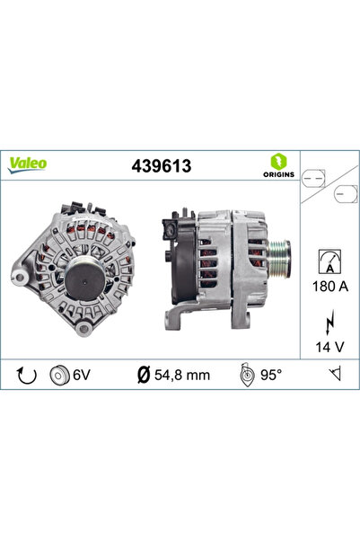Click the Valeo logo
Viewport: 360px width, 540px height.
coord(29,164)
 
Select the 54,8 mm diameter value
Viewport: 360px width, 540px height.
coord(180,374)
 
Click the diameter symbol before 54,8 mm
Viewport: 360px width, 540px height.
coord(145,374)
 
